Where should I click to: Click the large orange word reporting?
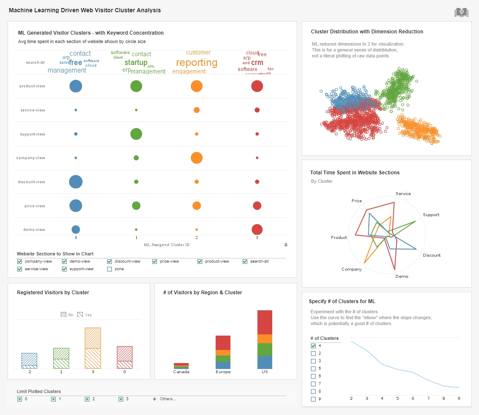[x=197, y=63]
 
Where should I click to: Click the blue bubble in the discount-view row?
[x=76, y=182]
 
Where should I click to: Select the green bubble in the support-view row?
[x=136, y=134]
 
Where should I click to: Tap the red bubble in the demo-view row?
[x=257, y=230]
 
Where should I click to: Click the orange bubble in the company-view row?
[x=196, y=158]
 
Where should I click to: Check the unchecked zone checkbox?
[x=110, y=269]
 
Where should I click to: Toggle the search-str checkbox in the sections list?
[x=245, y=261]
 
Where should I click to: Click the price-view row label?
[x=35, y=206]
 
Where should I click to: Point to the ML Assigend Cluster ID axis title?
[x=166, y=244]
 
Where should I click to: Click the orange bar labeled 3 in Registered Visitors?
[x=93, y=347]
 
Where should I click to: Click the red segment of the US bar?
[x=265, y=322]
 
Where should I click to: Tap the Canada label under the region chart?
[x=181, y=372]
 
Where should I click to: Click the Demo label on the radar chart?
[x=402, y=277]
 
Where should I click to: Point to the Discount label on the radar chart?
[x=431, y=255]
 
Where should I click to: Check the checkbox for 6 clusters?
[x=313, y=376]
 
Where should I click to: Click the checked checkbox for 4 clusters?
[x=313, y=346]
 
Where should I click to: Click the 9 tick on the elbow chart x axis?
[x=458, y=399]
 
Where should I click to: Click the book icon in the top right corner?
[x=461, y=13]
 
